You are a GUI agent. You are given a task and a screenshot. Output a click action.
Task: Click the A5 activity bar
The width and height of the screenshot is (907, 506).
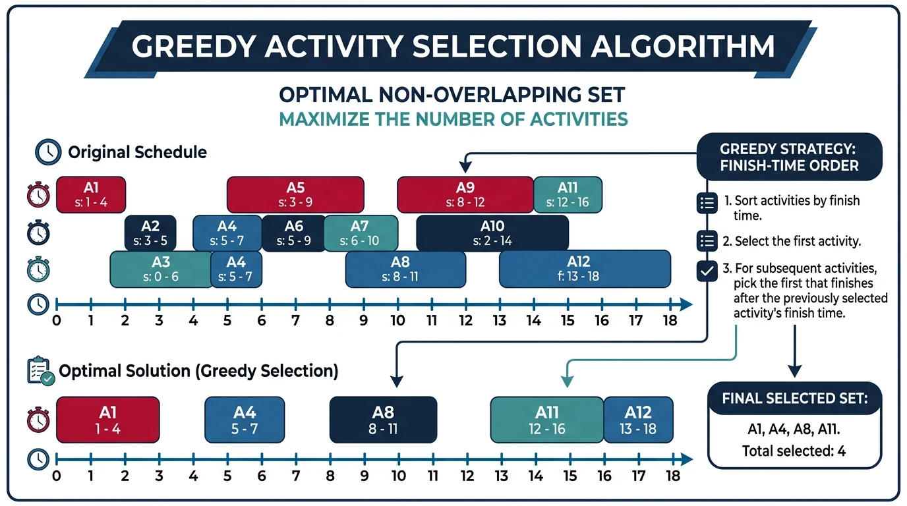click(295, 194)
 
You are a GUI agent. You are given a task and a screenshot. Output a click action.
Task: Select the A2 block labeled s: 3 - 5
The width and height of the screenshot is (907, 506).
click(150, 233)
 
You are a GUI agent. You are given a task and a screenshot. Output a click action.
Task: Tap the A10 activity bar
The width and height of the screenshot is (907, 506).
click(492, 233)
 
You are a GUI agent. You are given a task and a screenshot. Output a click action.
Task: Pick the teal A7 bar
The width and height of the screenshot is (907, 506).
click(361, 233)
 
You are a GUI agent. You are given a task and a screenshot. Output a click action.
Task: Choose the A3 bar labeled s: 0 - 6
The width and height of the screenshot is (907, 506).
click(160, 269)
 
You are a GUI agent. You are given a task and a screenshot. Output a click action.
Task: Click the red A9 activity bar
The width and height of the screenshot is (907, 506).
click(465, 194)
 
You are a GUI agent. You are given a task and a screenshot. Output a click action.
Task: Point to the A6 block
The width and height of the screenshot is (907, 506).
click(293, 233)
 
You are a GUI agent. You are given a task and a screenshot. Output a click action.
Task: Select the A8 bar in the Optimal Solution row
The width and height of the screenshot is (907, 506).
click(383, 419)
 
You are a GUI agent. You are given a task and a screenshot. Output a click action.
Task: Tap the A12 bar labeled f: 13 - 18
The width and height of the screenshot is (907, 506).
click(584, 269)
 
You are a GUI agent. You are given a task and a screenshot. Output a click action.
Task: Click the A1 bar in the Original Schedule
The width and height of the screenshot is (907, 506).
click(91, 194)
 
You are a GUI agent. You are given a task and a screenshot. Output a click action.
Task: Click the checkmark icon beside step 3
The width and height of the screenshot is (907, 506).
click(707, 271)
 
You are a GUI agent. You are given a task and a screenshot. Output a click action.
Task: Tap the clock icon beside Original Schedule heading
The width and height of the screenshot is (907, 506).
click(48, 152)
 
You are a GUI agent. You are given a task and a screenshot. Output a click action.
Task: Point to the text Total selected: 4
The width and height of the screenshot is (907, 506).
click(794, 451)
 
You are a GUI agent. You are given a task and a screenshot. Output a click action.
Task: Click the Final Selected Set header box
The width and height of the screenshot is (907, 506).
click(794, 398)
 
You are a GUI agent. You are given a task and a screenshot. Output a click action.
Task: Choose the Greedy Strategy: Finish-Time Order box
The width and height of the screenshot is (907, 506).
click(789, 157)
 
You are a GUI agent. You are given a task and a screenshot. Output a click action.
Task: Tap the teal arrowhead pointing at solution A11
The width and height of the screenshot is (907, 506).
click(566, 381)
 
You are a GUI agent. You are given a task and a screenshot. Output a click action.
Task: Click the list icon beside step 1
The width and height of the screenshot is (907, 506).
click(707, 204)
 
